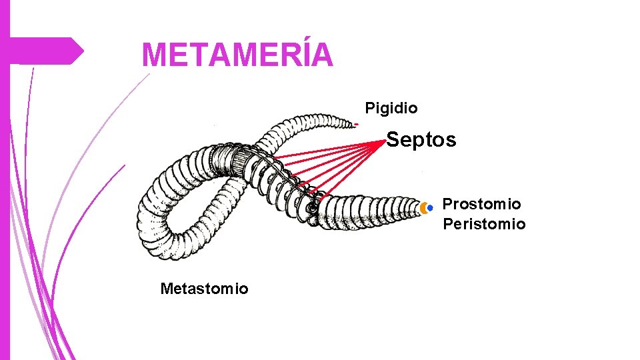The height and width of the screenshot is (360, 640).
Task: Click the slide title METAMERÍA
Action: pyautogui.click(x=237, y=55)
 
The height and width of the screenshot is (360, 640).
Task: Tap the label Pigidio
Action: pyautogui.click(x=391, y=107)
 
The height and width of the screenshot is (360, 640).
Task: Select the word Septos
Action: pyautogui.click(x=421, y=140)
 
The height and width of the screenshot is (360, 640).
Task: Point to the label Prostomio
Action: pyautogui.click(x=481, y=203)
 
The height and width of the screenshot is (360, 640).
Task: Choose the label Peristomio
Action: pyautogui.click(x=484, y=224)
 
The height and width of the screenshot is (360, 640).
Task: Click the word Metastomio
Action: pyautogui.click(x=204, y=289)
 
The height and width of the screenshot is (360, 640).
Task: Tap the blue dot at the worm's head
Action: pyautogui.click(x=430, y=208)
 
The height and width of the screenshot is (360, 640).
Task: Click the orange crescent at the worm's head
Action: pyautogui.click(x=423, y=208)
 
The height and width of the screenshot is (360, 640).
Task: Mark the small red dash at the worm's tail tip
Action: pyautogui.click(x=357, y=124)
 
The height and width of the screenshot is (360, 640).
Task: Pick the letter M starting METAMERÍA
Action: pyautogui.click(x=155, y=55)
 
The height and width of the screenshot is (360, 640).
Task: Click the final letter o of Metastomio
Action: pyautogui.click(x=243, y=289)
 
